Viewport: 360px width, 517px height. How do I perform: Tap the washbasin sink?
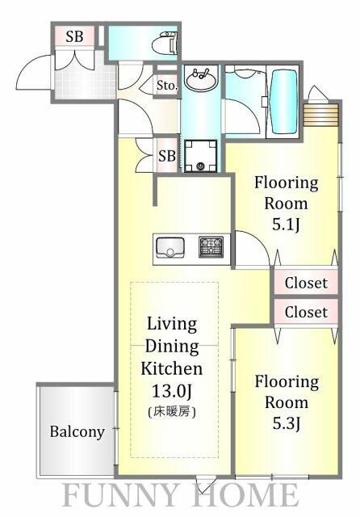[201, 78]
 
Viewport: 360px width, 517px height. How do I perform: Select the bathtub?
[284, 100]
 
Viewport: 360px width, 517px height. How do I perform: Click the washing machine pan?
[201, 156]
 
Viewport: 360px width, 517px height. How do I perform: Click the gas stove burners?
[211, 247]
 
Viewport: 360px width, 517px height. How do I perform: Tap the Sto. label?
[167, 86]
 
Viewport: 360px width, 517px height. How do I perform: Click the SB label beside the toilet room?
[74, 36]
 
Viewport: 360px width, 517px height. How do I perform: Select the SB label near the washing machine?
[167, 156]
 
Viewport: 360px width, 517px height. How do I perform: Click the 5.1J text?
[286, 225]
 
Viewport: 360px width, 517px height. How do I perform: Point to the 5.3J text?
[287, 423]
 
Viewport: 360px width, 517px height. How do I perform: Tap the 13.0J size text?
[172, 391]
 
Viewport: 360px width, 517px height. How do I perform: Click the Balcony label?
[77, 431]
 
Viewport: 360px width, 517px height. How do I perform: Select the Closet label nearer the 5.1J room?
[306, 283]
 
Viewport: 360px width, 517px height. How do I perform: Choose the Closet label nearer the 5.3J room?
[306, 312]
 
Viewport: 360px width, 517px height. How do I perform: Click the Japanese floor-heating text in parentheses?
[172, 412]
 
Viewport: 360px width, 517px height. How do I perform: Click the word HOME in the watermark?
[245, 495]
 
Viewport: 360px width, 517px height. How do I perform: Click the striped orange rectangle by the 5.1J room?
[321, 115]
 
